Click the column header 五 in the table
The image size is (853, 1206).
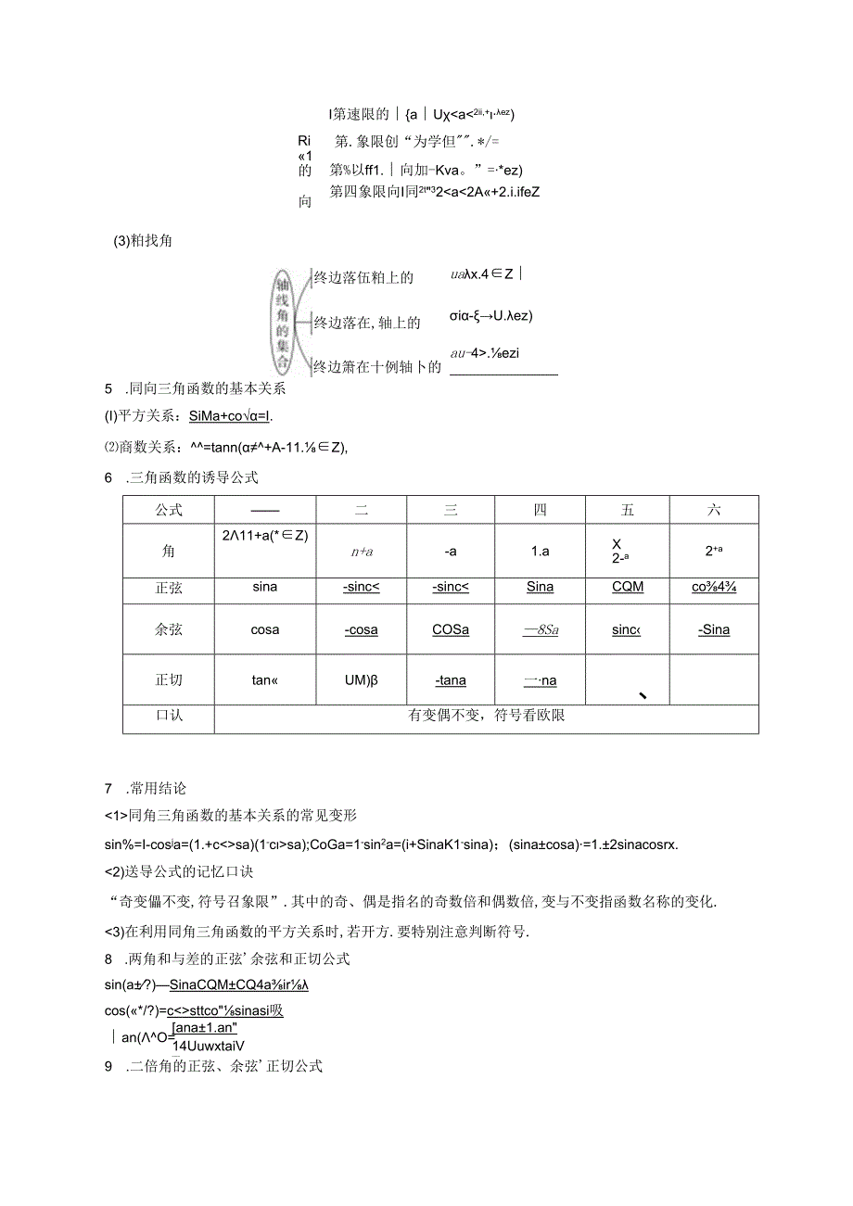(628, 510)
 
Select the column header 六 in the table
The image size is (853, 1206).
(713, 510)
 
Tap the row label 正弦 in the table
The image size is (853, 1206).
(169, 587)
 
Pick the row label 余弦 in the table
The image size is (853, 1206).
(169, 629)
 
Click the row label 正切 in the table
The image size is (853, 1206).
(169, 679)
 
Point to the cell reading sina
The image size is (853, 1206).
(264, 587)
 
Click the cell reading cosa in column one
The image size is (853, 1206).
(264, 629)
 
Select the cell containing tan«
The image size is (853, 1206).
(264, 679)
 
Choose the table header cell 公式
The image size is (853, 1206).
(169, 510)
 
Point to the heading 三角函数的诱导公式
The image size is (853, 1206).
(194, 477)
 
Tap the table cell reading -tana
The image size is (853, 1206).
(451, 680)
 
